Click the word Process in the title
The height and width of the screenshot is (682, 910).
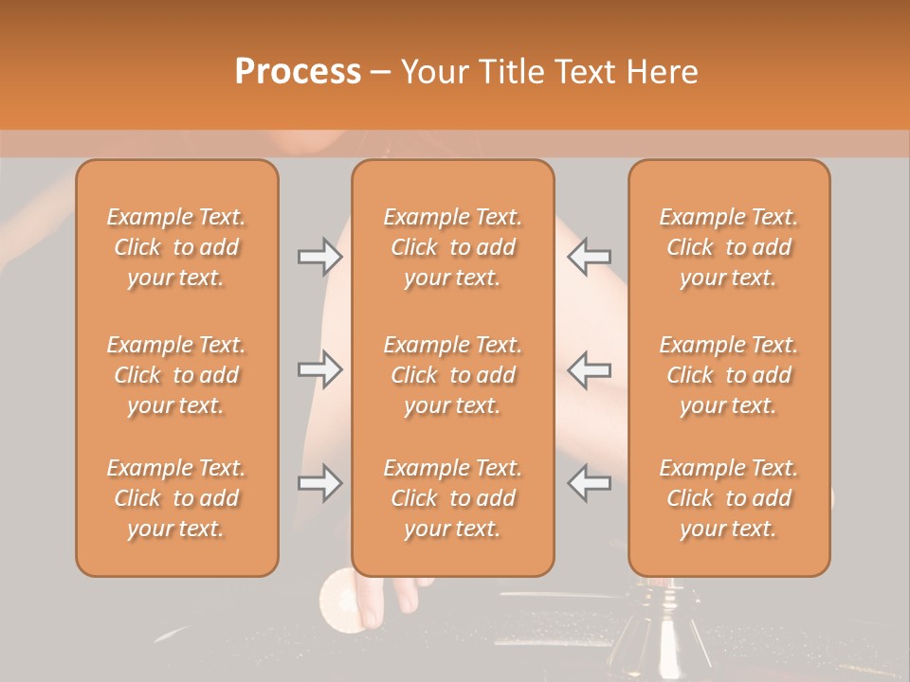tap(298, 72)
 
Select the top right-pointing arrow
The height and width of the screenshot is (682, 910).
tap(319, 257)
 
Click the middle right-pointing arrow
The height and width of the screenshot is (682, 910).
tap(319, 369)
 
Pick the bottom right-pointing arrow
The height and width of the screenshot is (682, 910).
tap(319, 483)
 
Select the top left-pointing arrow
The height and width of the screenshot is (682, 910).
tap(589, 257)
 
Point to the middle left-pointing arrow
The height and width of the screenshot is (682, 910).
tap(589, 369)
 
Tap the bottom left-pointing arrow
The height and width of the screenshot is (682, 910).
tap(589, 483)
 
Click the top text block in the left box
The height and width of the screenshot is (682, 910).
tap(176, 247)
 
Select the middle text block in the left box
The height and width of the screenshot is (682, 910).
tap(176, 375)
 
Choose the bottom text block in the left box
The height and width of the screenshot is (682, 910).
tap(176, 498)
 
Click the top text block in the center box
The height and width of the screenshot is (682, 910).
tap(453, 247)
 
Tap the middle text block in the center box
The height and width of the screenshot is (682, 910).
tap(453, 375)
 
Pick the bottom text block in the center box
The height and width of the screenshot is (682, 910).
tap(453, 498)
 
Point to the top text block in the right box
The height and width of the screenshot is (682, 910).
tap(729, 247)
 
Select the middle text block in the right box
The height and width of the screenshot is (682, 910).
tap(729, 375)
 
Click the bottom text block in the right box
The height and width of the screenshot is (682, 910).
tap(729, 498)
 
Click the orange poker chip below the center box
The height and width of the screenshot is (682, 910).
tap(340, 599)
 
